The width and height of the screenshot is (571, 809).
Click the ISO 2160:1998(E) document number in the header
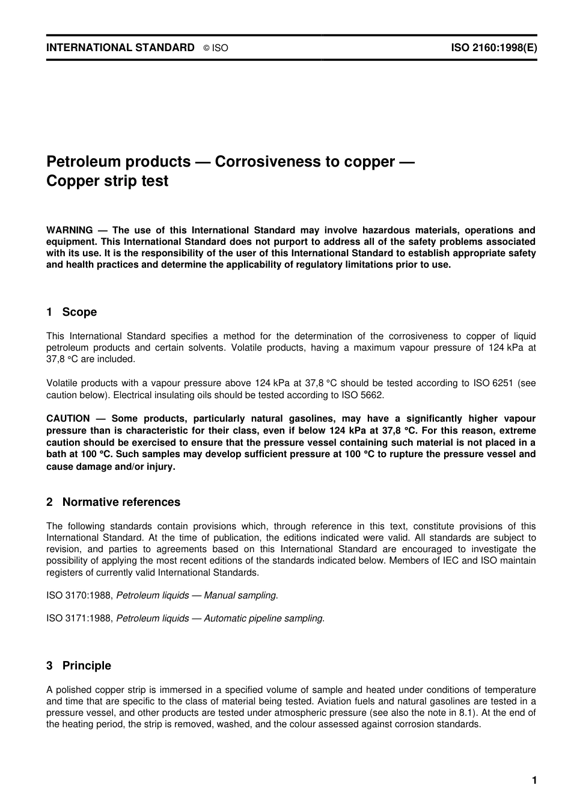[493, 48]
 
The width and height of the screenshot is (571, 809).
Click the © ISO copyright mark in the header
[216, 48]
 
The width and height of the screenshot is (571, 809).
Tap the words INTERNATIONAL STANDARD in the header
[120, 48]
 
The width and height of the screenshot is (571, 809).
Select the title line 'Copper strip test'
[107, 181]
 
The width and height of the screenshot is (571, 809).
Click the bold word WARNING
[70, 230]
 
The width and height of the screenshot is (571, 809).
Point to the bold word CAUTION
[68, 419]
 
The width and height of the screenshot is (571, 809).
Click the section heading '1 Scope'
[72, 312]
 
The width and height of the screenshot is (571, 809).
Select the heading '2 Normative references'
[113, 502]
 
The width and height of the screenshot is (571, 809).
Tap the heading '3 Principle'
[79, 666]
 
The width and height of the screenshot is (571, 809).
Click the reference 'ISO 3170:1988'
[79, 595]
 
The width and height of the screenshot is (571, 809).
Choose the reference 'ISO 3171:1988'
[79, 618]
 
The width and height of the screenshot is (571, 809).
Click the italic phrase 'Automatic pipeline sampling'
[263, 618]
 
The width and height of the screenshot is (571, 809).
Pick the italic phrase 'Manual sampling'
[240, 595]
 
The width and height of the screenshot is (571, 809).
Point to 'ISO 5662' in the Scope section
[365, 395]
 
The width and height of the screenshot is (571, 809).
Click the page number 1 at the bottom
[534, 781]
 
